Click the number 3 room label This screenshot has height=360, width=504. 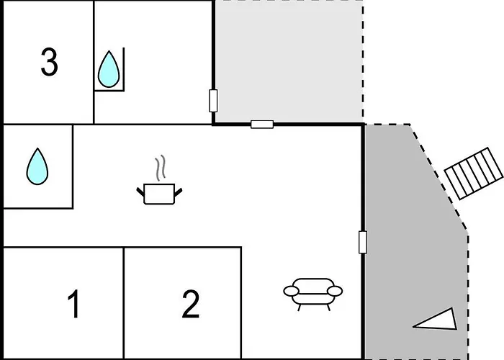point(49,63)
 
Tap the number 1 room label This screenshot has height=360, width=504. point(73,305)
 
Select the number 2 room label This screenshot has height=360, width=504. point(191,305)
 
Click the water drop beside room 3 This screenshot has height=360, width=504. point(109,69)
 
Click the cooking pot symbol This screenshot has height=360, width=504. point(159,193)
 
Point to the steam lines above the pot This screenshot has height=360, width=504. point(163,168)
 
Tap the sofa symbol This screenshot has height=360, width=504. point(313,292)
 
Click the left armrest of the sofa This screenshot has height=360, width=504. point(291,291)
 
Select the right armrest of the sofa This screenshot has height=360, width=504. point(336,291)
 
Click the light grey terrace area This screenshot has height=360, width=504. point(288,61)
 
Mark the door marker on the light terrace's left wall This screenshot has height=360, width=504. point(213,101)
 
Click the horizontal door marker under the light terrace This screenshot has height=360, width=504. point(262,124)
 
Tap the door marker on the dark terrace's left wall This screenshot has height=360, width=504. point(363,242)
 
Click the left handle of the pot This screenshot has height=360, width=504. point(140,190)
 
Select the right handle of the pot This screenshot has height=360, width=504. point(178,190)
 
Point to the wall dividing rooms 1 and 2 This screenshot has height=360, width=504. point(124,302)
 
